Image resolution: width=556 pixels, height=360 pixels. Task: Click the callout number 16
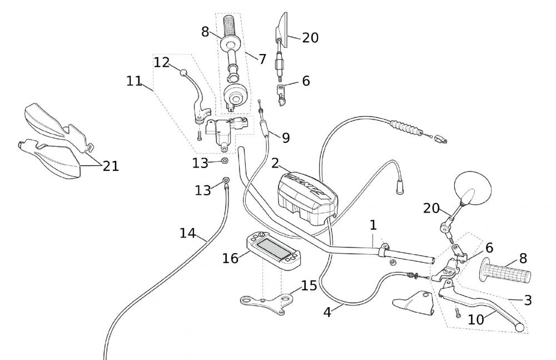(x=230, y=258)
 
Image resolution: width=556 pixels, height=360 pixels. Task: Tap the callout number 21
(x=111, y=166)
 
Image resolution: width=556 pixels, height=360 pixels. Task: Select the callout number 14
(x=187, y=233)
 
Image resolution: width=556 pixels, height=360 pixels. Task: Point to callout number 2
(x=275, y=163)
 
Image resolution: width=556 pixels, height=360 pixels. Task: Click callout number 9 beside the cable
(x=285, y=137)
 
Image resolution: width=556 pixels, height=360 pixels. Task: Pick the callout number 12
(x=161, y=62)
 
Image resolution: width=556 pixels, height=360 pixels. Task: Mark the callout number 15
(x=309, y=286)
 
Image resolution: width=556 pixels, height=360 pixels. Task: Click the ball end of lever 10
(x=520, y=328)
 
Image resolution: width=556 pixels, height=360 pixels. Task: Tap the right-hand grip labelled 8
(x=506, y=273)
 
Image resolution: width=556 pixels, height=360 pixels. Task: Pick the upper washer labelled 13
(x=225, y=161)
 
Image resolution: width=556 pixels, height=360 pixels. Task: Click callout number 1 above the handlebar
(x=373, y=225)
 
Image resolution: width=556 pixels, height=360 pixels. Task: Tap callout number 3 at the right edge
(x=528, y=300)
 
